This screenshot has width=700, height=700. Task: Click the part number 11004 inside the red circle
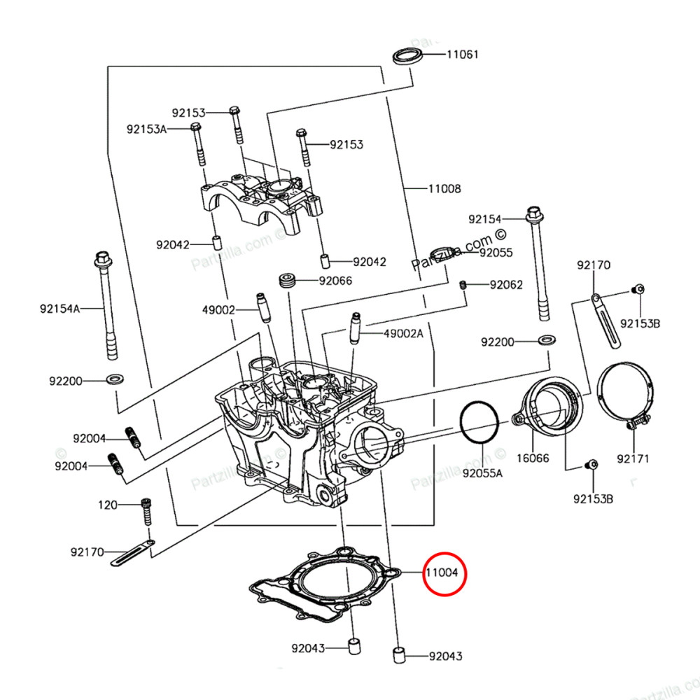click(x=442, y=572)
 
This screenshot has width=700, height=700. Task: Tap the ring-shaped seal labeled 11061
click(x=407, y=55)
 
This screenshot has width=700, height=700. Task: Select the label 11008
click(x=444, y=188)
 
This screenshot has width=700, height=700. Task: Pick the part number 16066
click(x=533, y=459)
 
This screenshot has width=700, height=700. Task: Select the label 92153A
click(x=146, y=129)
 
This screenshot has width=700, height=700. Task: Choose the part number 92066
click(x=335, y=281)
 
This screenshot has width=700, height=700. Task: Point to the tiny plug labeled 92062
click(x=463, y=284)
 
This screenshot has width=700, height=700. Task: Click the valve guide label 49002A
click(x=403, y=334)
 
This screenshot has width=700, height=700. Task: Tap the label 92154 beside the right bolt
click(x=486, y=219)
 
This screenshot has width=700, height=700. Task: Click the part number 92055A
click(x=482, y=473)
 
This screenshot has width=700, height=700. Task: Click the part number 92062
click(x=506, y=285)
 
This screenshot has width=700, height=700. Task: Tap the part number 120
click(x=108, y=505)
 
